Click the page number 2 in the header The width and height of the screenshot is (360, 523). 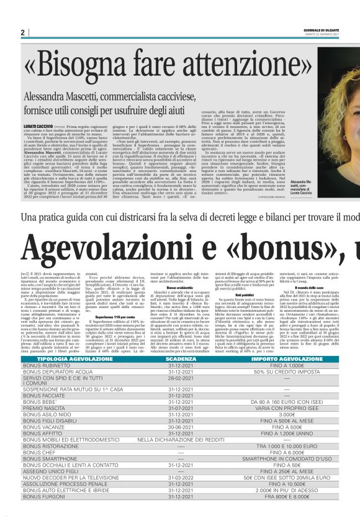22,33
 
